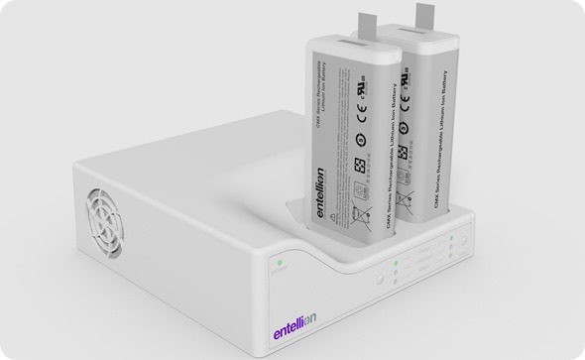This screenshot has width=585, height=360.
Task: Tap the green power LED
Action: coord(281,262)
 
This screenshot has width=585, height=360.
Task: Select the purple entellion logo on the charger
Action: coord(308,333)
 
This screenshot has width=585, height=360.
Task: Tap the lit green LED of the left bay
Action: coord(395,263)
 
